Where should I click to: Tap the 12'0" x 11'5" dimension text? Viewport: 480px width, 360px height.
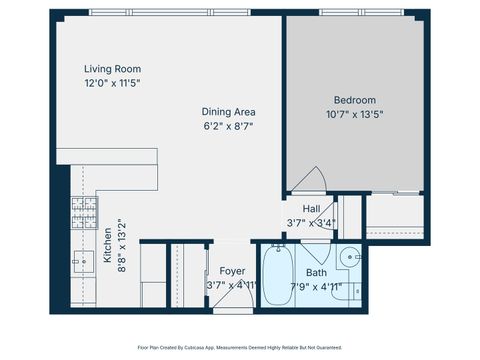[x=112, y=84]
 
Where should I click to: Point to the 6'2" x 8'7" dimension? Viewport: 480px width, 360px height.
[x=229, y=127]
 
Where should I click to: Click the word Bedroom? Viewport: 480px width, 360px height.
[x=354, y=100]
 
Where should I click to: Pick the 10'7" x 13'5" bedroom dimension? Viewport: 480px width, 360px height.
[x=354, y=115]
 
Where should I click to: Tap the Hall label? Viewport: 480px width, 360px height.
[x=311, y=208]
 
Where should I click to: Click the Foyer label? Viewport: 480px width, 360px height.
[x=231, y=270]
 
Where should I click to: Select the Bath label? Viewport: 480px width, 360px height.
[x=316, y=272]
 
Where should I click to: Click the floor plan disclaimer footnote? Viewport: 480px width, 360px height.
[x=240, y=348]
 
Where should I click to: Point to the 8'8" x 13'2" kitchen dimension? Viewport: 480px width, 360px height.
[x=122, y=246]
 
